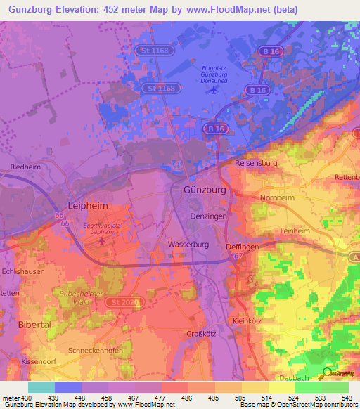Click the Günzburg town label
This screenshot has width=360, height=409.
pos(204,190)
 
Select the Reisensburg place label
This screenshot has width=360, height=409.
pos(257,163)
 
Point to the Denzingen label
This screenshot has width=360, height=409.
pos(210,217)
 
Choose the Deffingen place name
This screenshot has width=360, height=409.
pos(243,247)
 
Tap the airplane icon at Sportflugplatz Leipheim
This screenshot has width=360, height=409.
pos(103,241)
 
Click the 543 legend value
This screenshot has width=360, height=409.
pos(346,398)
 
